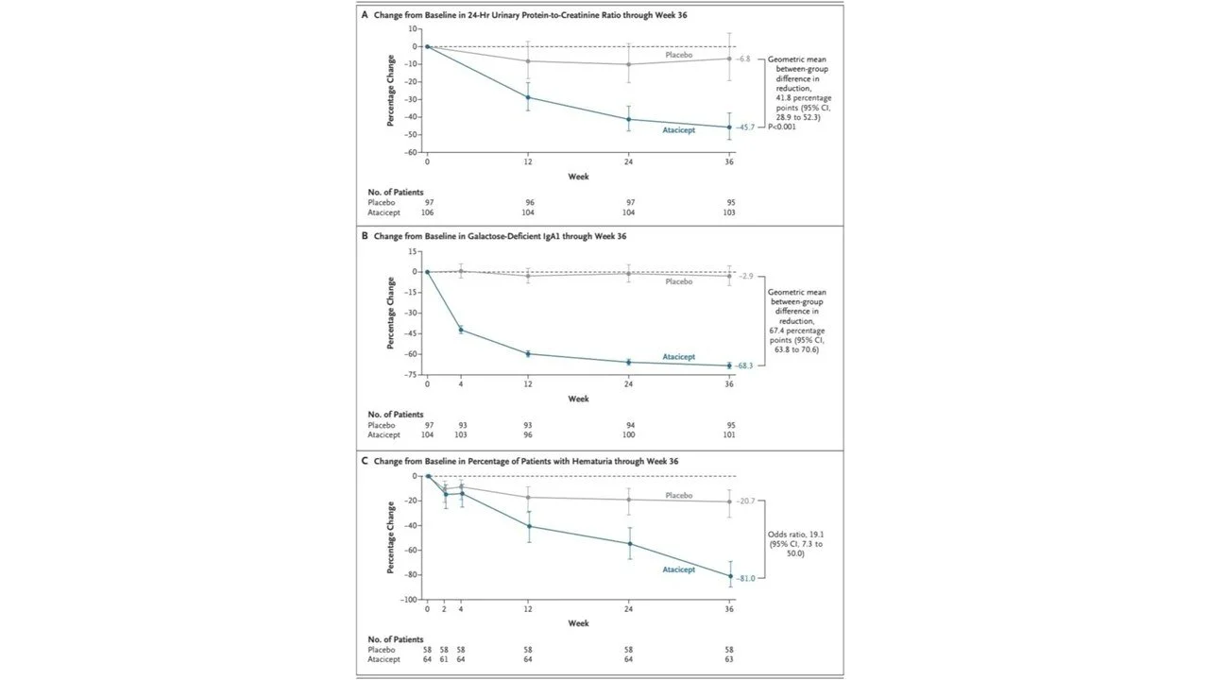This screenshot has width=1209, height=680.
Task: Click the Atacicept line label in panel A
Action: pyautogui.click(x=678, y=130)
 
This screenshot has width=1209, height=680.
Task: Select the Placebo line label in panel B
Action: pyautogui.click(x=678, y=281)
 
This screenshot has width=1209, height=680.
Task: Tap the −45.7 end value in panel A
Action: pyautogui.click(x=745, y=127)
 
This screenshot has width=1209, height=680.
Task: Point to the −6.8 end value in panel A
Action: pyautogui.click(x=743, y=59)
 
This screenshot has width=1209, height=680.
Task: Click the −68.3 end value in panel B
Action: pyautogui.click(x=744, y=365)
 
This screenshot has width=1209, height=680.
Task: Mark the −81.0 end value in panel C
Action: pyautogui.click(x=745, y=578)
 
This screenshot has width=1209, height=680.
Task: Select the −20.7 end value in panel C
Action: pyautogui.click(x=745, y=501)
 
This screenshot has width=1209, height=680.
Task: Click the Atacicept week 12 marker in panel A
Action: pyautogui.click(x=528, y=97)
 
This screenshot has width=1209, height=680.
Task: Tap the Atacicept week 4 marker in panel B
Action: pyautogui.click(x=461, y=330)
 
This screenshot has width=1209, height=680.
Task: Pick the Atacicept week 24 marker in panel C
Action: pyautogui.click(x=628, y=543)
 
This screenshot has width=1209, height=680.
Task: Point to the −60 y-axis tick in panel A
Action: pyautogui.click(x=412, y=152)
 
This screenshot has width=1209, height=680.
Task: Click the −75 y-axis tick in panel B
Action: pyautogui.click(x=412, y=375)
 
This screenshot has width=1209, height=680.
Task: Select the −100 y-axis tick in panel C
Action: pyautogui.click(x=410, y=600)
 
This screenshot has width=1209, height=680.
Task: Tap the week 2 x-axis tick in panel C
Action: pyautogui.click(x=444, y=610)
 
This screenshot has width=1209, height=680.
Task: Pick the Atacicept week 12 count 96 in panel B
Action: pyautogui.click(x=528, y=435)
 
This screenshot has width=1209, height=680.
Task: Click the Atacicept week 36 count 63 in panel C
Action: pyautogui.click(x=729, y=660)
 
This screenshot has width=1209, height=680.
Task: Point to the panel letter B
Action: pyautogui.click(x=365, y=235)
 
